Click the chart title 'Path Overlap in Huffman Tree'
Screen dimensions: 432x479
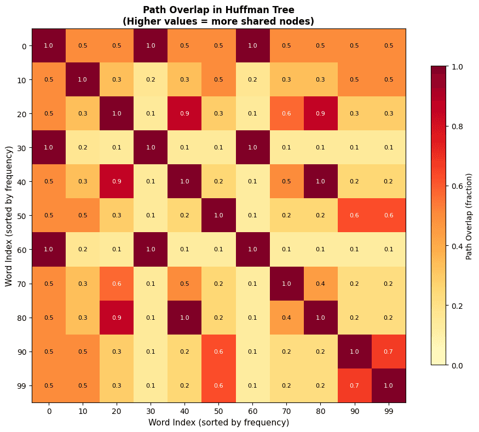[218, 10]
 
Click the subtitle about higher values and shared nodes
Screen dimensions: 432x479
[218, 21]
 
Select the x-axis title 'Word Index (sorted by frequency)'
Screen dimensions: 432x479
[218, 422]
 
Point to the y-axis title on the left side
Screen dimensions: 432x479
[9, 216]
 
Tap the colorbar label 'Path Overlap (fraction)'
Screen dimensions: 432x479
[469, 216]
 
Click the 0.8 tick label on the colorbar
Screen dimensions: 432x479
[457, 126]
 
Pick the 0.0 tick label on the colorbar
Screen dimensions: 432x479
[457, 365]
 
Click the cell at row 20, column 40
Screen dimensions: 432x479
[184, 114]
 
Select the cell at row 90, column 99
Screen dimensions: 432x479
[389, 352]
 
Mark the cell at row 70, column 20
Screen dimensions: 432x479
[117, 284]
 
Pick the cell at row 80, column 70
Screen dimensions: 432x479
[286, 318]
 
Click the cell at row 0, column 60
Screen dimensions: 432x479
[252, 46]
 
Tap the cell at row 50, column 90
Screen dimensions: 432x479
[355, 216]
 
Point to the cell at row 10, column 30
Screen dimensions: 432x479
[151, 80]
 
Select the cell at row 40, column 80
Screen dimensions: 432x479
[320, 182]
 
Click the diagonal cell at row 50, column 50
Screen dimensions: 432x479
[218, 216]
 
